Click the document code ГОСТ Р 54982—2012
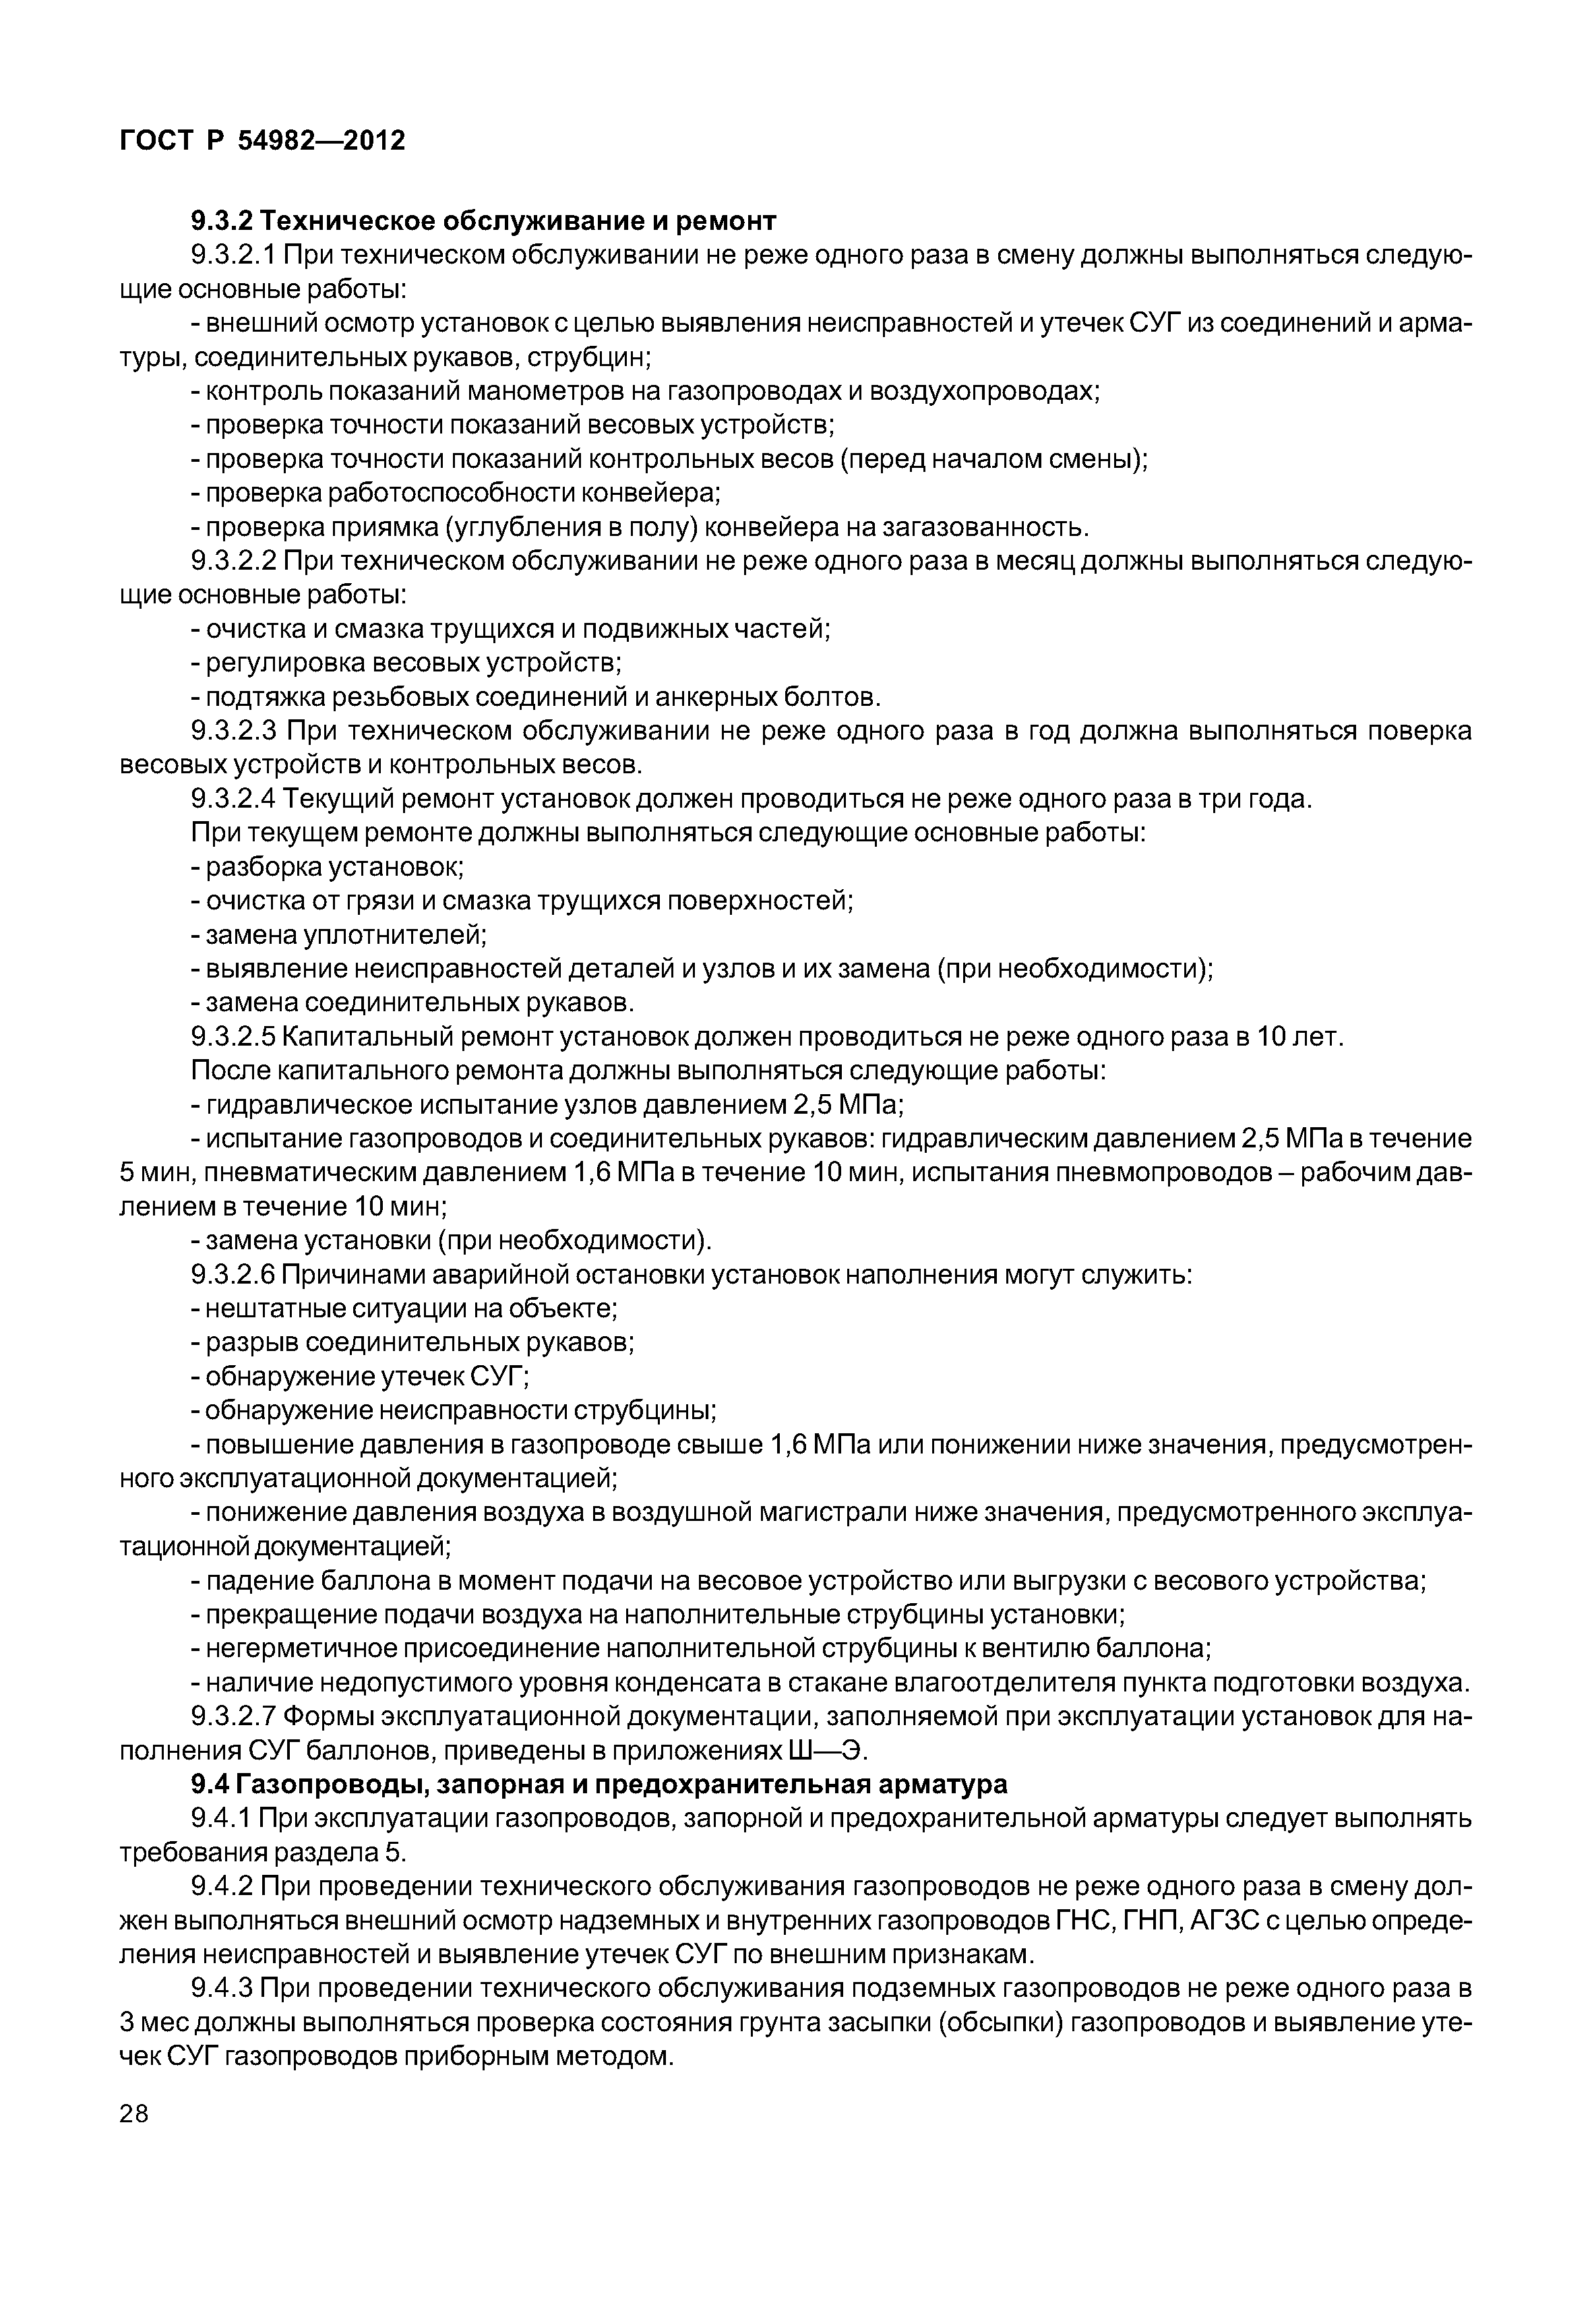click(x=262, y=141)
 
